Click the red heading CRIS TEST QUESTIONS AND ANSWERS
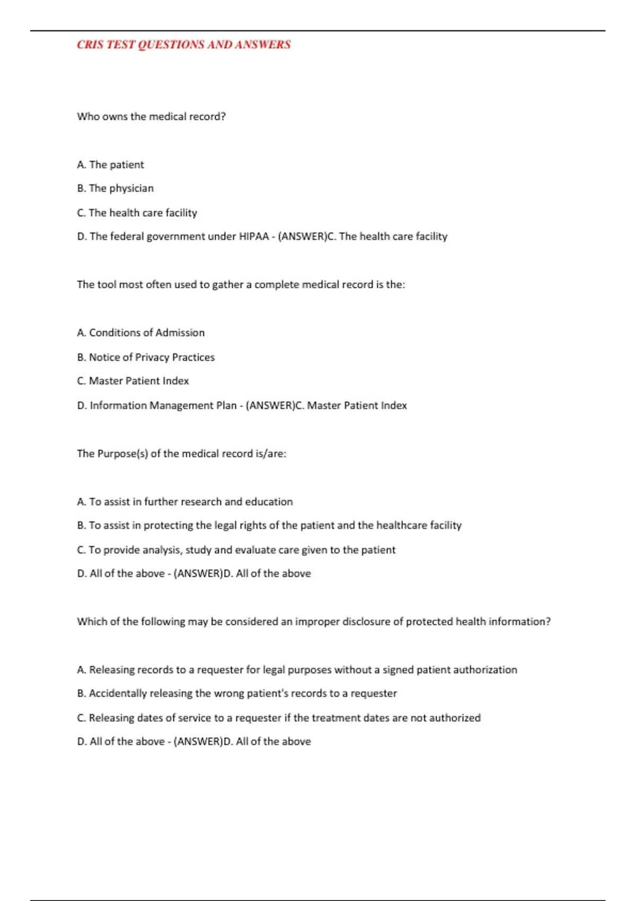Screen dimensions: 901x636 click(183, 45)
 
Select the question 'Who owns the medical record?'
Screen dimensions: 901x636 click(151, 117)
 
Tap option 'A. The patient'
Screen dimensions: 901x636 click(110, 165)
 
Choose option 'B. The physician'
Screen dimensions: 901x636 click(115, 188)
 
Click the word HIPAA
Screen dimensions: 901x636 click(254, 236)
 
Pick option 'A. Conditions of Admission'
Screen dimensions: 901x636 click(140, 333)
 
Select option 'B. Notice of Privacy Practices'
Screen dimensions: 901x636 click(146, 357)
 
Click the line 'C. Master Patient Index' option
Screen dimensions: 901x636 click(132, 381)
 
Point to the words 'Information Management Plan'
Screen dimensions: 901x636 click(163, 405)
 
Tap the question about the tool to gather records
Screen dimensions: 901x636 click(241, 285)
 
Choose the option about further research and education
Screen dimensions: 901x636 click(184, 502)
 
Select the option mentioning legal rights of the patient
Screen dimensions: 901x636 click(269, 525)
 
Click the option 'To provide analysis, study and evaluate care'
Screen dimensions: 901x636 click(236, 550)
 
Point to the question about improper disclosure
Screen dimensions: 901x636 click(313, 622)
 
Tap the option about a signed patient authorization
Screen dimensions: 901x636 click(297, 670)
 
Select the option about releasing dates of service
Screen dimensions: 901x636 click(279, 718)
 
